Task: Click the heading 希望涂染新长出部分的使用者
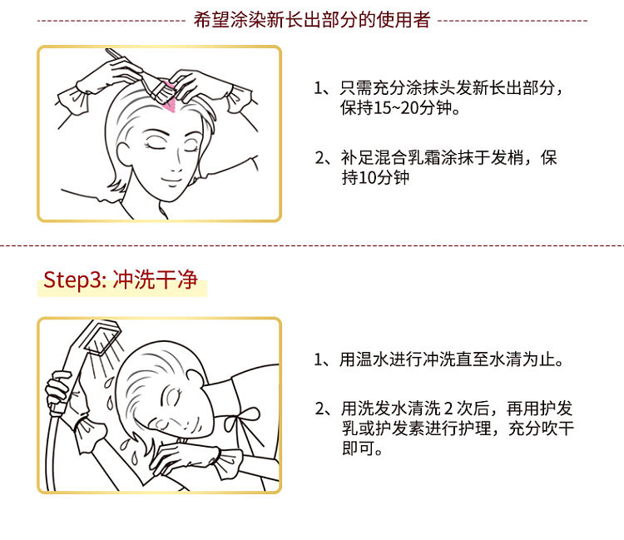[x=312, y=20]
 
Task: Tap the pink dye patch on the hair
[x=169, y=100]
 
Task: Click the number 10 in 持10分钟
[x=367, y=177]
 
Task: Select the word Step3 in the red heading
[x=72, y=280]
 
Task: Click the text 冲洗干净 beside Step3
[x=156, y=280]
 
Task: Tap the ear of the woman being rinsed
[x=196, y=379]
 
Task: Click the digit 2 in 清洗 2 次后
[x=448, y=409]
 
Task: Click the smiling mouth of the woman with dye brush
[x=172, y=181]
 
